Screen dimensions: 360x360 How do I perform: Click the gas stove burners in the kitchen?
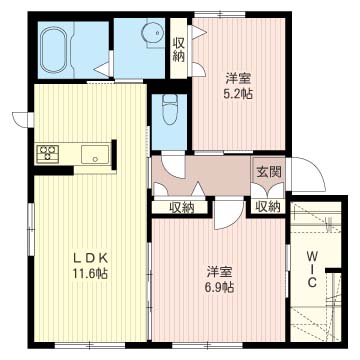(47, 154)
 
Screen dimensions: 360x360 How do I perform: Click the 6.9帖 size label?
(220, 288)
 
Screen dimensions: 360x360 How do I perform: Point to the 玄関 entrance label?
(267, 172)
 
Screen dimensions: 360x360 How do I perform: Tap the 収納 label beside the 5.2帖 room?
(178, 48)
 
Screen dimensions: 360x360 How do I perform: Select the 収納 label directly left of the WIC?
(267, 206)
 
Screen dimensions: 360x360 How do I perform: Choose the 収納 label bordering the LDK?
(181, 206)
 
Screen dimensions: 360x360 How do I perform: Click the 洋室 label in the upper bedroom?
(236, 78)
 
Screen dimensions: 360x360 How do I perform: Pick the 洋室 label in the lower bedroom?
(220, 271)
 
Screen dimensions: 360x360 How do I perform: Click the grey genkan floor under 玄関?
(267, 187)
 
